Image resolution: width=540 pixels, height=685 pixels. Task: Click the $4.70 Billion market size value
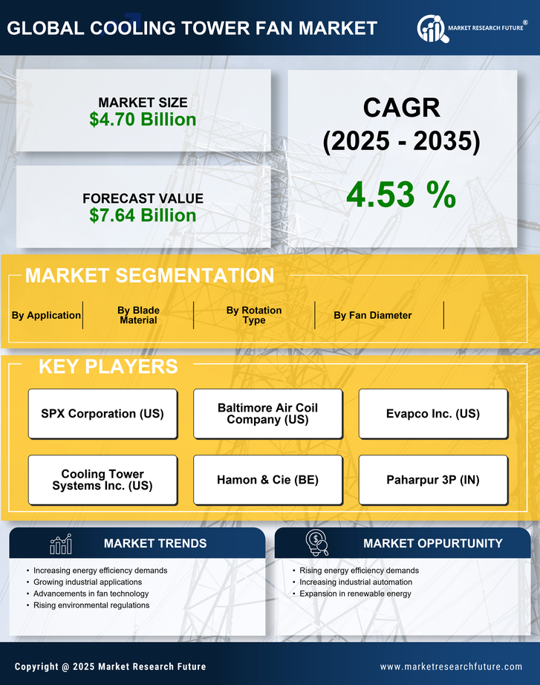pyautogui.click(x=143, y=120)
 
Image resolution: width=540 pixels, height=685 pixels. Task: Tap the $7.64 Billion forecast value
pyautogui.click(x=143, y=215)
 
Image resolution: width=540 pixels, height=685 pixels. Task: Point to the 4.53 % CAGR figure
pyautogui.click(x=401, y=195)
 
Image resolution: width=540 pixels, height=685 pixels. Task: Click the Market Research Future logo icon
pyautogui.click(x=432, y=28)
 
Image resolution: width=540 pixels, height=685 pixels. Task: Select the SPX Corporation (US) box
pyautogui.click(x=103, y=414)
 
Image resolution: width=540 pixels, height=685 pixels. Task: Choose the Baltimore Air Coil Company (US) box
pyautogui.click(x=267, y=414)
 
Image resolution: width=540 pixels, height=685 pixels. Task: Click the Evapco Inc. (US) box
pyautogui.click(x=433, y=414)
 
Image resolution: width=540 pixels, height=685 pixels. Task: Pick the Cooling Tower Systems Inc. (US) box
pyautogui.click(x=103, y=480)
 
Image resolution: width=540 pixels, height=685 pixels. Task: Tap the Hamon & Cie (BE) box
pyautogui.click(x=267, y=480)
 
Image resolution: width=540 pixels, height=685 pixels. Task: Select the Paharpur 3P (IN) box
pyautogui.click(x=433, y=480)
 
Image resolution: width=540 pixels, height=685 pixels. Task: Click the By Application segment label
pyautogui.click(x=46, y=315)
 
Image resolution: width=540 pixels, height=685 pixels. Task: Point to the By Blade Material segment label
pyautogui.click(x=138, y=315)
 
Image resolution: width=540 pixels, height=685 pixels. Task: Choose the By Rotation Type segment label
pyautogui.click(x=254, y=315)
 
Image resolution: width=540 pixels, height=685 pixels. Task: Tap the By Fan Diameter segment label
pyautogui.click(x=372, y=315)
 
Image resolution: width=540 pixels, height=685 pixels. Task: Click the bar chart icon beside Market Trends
pyautogui.click(x=61, y=544)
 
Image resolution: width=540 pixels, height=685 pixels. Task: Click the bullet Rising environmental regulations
pyautogui.click(x=91, y=606)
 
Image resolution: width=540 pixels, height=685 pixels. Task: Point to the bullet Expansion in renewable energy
pyautogui.click(x=355, y=594)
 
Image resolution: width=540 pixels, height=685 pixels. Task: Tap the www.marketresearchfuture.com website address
pyautogui.click(x=451, y=666)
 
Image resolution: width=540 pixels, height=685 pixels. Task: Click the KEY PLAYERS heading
pyautogui.click(x=108, y=366)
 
